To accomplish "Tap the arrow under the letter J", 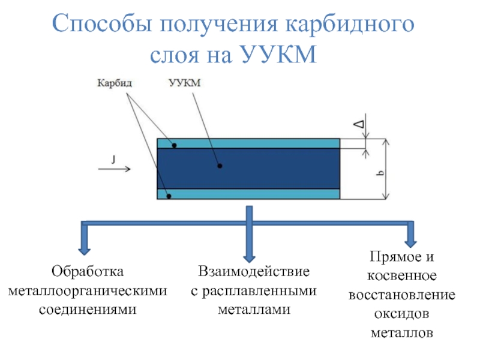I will coord(113,169).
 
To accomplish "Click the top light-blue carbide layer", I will coord(248,144).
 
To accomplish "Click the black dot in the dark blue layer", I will coord(219,166).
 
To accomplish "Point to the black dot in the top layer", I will coord(174,145).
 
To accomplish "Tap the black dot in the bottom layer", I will coord(169,196).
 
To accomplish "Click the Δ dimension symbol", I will coord(358,124).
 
